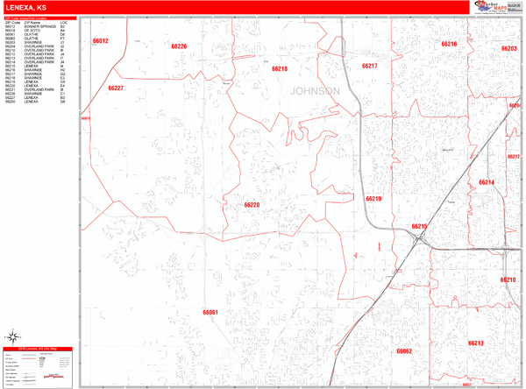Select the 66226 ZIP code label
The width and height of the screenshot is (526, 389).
click(x=179, y=46)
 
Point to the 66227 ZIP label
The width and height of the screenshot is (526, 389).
click(x=116, y=88)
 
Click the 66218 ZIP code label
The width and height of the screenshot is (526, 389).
click(x=279, y=68)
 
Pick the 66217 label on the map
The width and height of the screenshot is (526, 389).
click(x=369, y=67)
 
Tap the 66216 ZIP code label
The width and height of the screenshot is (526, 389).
click(x=449, y=44)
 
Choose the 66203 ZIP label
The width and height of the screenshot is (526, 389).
click(x=508, y=49)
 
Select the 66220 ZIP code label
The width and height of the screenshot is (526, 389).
click(x=252, y=205)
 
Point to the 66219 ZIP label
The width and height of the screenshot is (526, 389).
click(x=373, y=199)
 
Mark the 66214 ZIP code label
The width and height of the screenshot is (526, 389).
click(x=487, y=182)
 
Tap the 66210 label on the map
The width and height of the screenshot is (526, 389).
click(x=508, y=279)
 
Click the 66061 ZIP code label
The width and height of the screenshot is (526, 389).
click(x=210, y=312)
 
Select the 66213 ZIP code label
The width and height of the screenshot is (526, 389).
click(x=476, y=343)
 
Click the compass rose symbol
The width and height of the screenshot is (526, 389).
click(x=15, y=336)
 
